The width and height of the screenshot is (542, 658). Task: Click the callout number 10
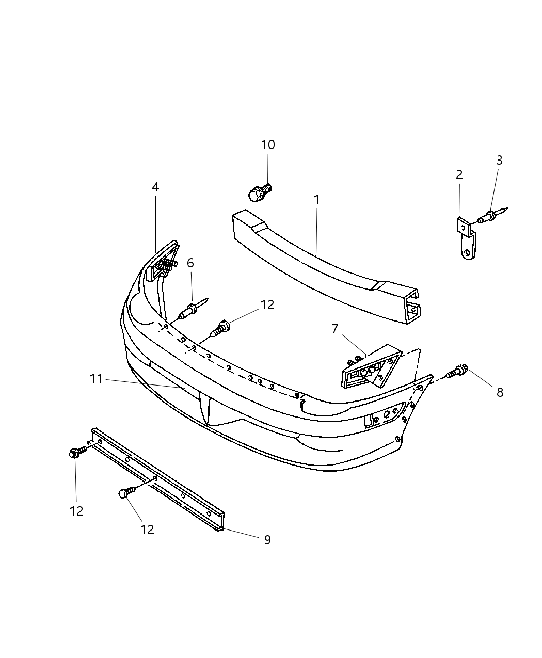(x=268, y=145)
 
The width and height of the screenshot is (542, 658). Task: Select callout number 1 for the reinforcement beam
(x=316, y=199)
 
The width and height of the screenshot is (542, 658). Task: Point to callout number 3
(x=499, y=161)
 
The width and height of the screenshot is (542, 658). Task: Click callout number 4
(x=155, y=187)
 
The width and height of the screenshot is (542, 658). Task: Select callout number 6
(x=190, y=263)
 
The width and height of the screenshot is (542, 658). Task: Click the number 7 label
(x=334, y=329)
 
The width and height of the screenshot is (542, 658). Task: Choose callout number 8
(x=500, y=392)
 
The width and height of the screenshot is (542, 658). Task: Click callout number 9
(x=267, y=540)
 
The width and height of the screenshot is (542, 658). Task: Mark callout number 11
(x=97, y=379)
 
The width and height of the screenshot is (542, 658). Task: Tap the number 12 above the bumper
(x=267, y=305)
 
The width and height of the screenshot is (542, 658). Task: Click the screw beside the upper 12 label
(x=220, y=328)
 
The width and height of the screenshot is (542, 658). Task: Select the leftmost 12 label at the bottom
(x=76, y=511)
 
